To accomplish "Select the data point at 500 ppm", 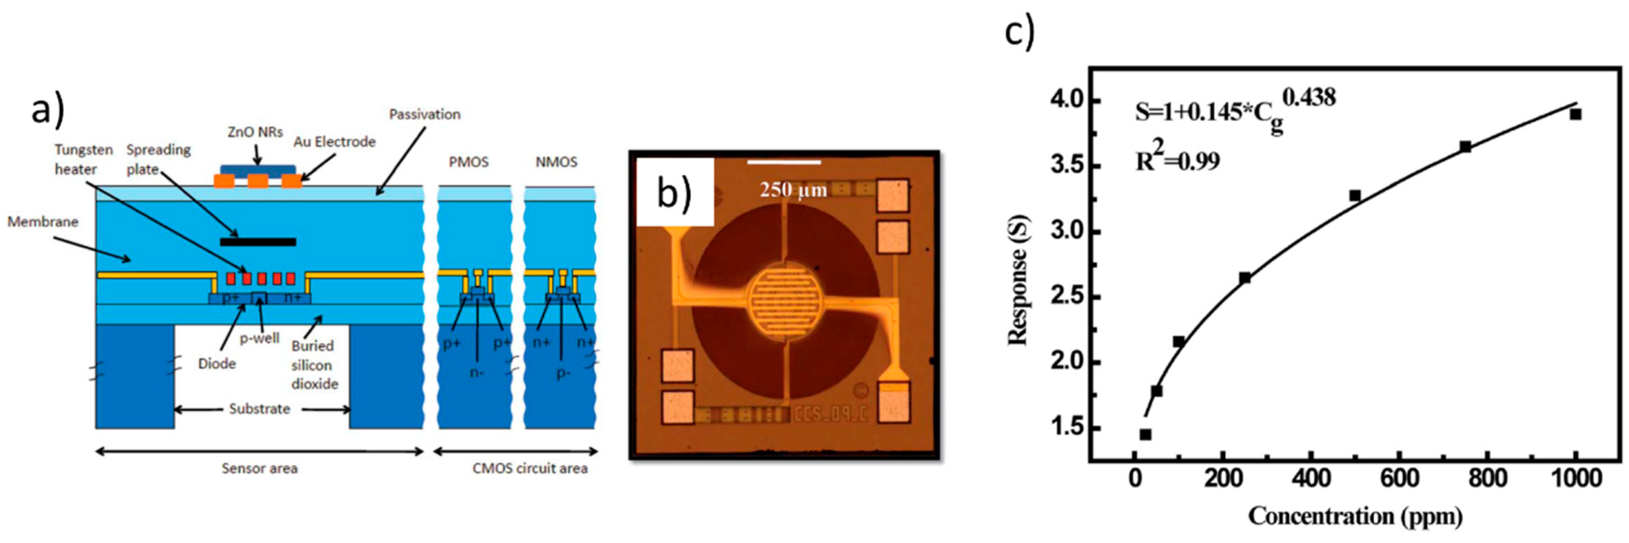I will point(1355,196).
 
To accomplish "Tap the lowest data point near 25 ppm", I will point(1145,434).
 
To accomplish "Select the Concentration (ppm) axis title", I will point(1355,516).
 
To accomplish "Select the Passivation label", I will point(424,114).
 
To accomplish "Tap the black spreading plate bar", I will point(258,241).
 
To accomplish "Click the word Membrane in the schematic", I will point(43,222).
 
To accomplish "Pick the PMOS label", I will point(469,162).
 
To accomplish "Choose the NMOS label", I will point(556,162).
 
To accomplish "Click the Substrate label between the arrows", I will point(259,409).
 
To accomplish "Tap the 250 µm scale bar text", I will point(793,190).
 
